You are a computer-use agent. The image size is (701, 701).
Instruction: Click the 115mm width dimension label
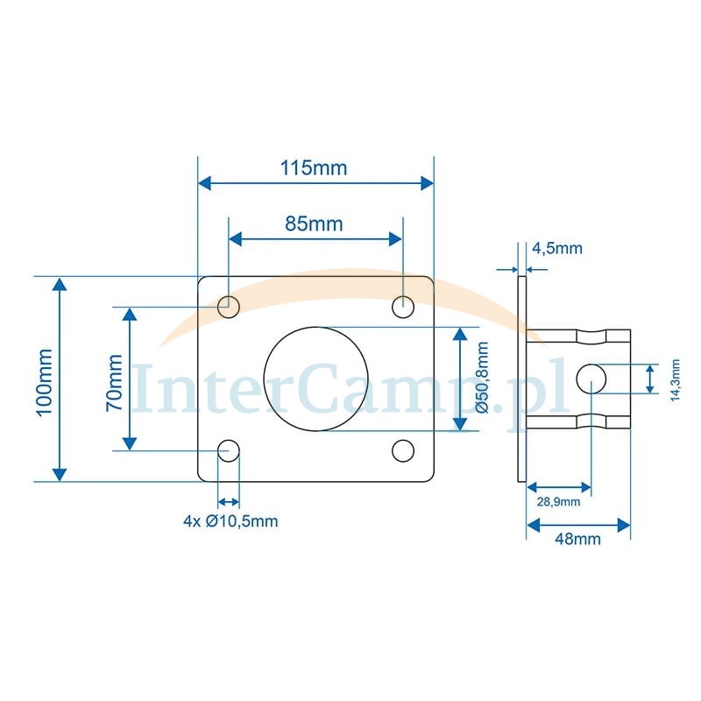314,168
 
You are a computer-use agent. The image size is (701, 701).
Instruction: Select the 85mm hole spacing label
314,223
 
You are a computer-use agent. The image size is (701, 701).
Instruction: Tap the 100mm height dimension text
45,383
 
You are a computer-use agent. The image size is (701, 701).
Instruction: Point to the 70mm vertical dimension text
114,383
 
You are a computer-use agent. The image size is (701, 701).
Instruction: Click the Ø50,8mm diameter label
482,377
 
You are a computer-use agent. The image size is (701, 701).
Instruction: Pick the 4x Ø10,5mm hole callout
230,520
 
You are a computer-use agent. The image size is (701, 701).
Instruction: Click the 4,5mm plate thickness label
557,248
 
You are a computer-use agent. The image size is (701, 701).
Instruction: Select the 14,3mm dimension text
675,379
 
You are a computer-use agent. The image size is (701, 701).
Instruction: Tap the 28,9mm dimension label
558,501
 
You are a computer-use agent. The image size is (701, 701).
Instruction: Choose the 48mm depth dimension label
577,539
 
